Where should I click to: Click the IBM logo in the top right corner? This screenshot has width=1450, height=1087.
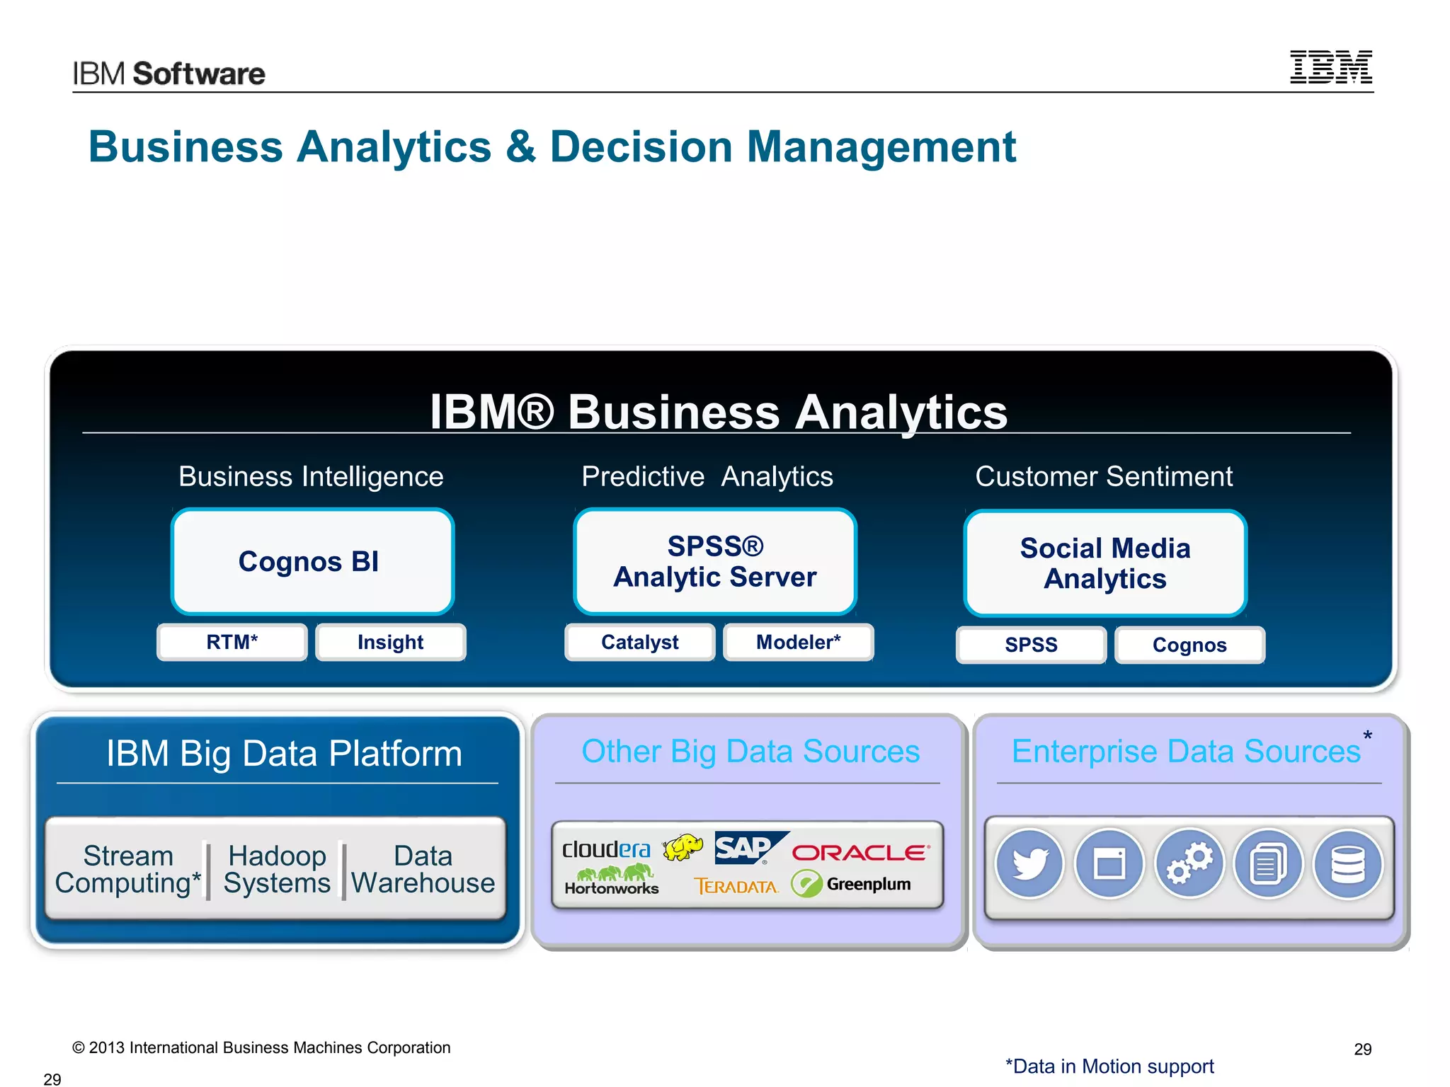tap(1330, 67)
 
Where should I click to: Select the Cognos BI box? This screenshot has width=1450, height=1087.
tap(312, 562)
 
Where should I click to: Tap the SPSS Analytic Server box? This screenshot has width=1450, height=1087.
tap(715, 562)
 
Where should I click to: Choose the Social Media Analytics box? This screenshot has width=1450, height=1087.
tap(1105, 563)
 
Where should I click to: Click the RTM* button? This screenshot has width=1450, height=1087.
tap(232, 643)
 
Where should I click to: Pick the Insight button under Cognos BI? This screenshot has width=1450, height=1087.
tap(391, 643)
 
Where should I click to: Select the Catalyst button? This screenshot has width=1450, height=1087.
tap(640, 643)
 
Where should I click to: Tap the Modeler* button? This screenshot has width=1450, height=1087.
tap(799, 643)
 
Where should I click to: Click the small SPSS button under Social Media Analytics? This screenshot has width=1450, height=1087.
tap(1031, 645)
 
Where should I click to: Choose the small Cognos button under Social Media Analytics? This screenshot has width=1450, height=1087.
tap(1189, 645)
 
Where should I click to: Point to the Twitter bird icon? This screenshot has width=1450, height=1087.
tap(1030, 864)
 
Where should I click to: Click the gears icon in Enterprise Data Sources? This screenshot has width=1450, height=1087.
tap(1189, 864)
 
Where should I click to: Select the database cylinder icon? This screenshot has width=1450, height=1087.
tap(1348, 864)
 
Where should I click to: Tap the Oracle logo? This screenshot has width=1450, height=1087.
tap(860, 853)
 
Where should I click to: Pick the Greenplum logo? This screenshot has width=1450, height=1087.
tap(852, 885)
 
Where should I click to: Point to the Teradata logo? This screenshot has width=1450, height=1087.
tap(736, 887)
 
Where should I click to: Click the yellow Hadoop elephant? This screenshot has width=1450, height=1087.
tap(683, 846)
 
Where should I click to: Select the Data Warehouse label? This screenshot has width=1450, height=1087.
tap(423, 870)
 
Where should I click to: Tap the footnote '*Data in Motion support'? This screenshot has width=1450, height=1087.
tap(1109, 1066)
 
